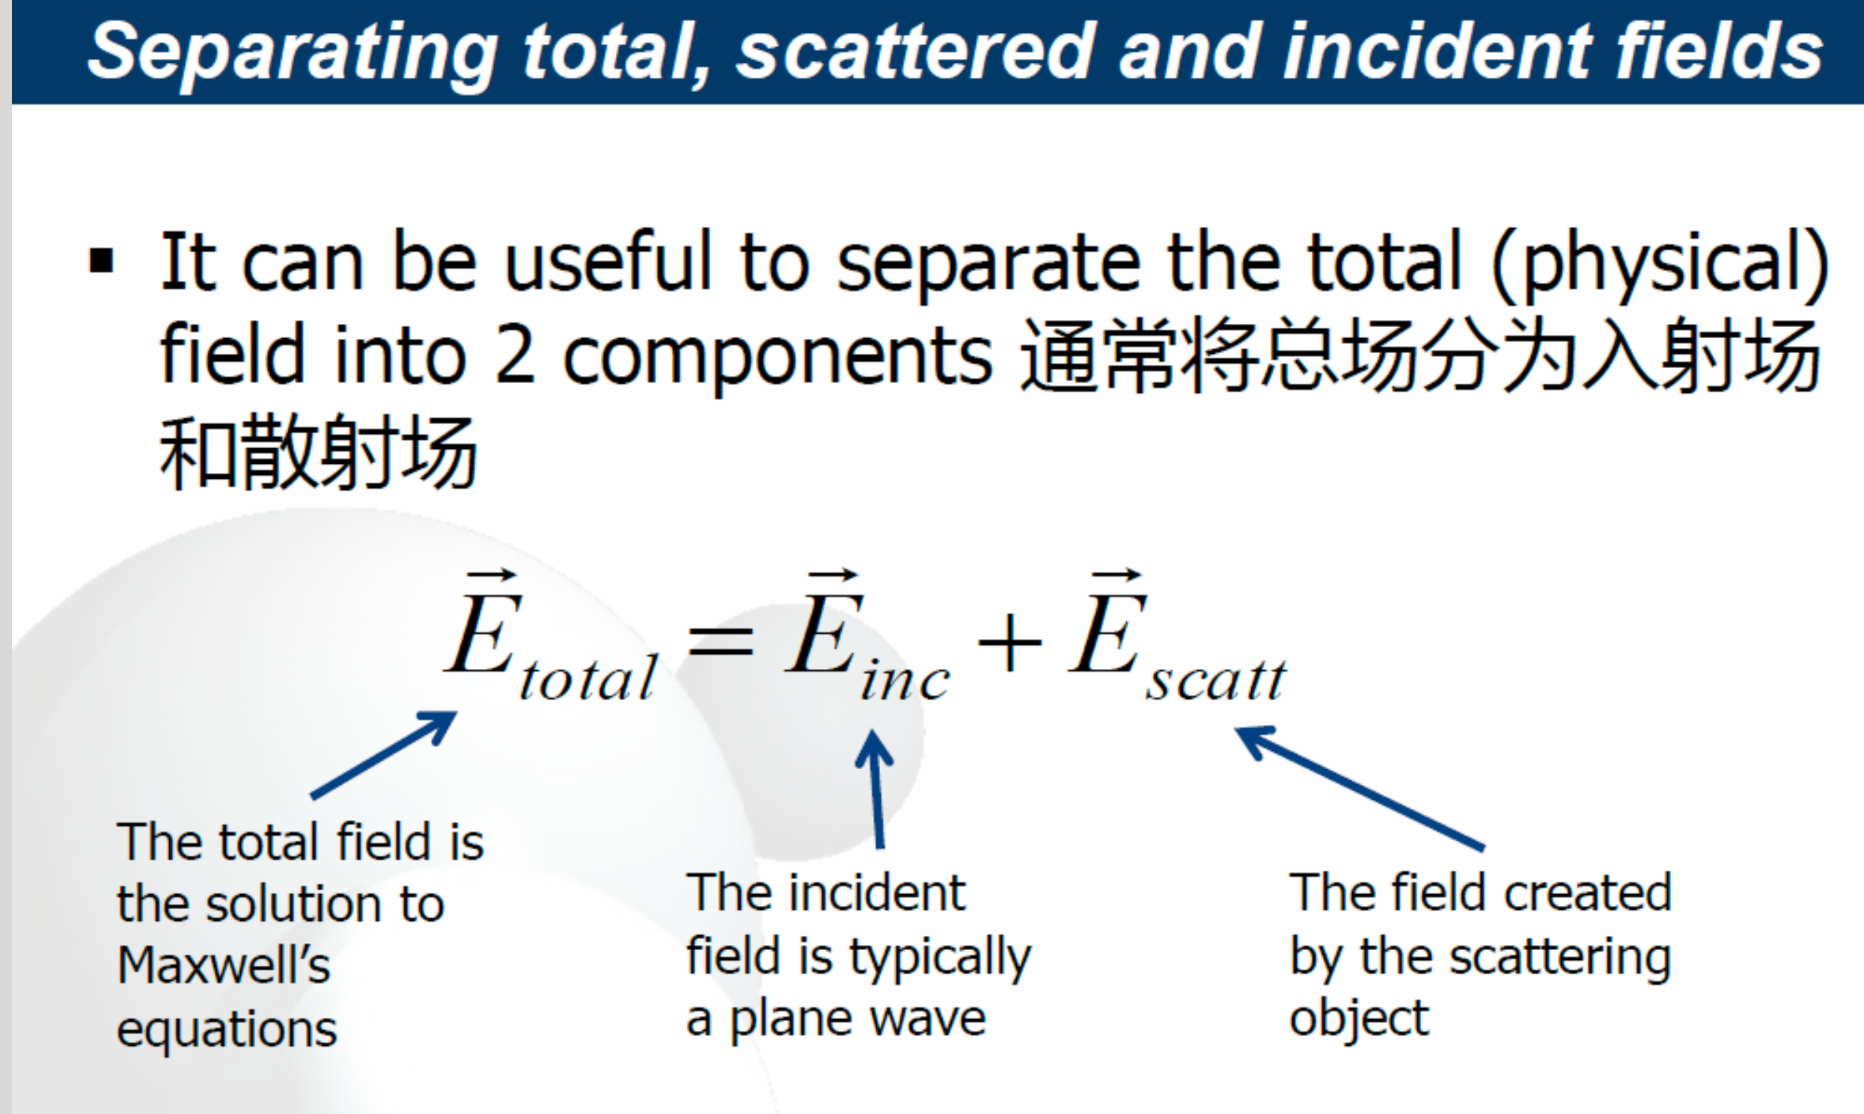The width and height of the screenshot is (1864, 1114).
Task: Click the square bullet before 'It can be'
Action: pos(101,262)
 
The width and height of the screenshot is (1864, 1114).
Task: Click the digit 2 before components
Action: pos(516,356)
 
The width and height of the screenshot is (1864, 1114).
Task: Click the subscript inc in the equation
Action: pos(905,679)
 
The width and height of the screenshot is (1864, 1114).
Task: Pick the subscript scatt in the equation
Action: pos(1216,679)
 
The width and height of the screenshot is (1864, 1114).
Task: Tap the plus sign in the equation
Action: pos(1009,642)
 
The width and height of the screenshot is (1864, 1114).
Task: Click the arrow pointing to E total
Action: pos(384,754)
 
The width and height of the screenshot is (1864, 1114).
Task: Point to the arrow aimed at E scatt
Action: pos(1360,789)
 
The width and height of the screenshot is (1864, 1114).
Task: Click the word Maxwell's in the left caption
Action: pos(224,964)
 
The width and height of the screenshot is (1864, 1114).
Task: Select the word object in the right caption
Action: pos(1359,1020)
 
